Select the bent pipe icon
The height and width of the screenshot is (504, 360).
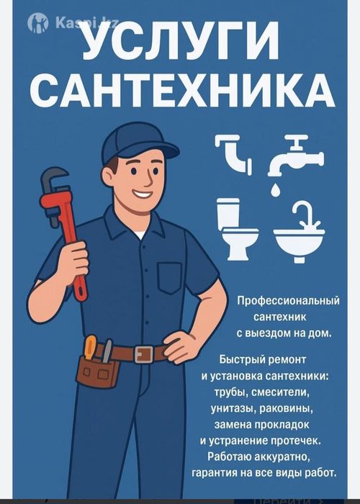pos(234,153)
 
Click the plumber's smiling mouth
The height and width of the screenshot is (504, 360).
pos(143,194)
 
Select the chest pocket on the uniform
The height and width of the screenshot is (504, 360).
pos(170,278)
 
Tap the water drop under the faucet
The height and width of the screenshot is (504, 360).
pos(275,189)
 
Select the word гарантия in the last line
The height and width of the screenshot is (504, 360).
pos(232,472)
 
